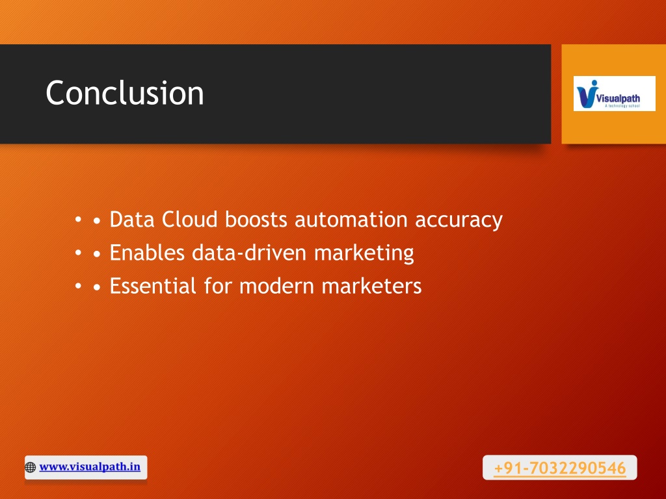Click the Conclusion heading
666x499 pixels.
click(124, 92)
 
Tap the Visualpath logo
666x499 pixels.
click(614, 94)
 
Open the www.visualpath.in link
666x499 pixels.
click(90, 467)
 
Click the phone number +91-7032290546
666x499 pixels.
click(560, 468)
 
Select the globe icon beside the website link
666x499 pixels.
click(30, 467)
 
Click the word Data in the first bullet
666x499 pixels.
click(131, 220)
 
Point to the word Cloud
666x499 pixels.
click(189, 220)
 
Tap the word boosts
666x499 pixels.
click(256, 220)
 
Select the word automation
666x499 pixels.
click(351, 220)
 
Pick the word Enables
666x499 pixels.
click(147, 253)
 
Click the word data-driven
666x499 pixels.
click(249, 253)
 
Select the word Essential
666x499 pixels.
click(153, 286)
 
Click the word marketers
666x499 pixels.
click(371, 286)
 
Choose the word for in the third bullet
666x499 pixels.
click(217, 286)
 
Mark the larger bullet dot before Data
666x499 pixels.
click(97, 221)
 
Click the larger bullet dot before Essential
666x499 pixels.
click(97, 287)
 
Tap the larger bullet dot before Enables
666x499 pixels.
click(97, 254)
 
